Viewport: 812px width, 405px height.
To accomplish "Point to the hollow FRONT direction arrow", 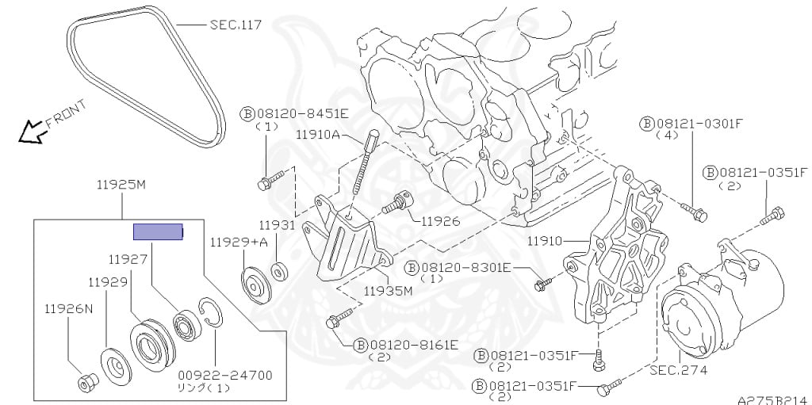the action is click(31, 131).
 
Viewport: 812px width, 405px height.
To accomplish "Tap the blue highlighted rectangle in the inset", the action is click(158, 231).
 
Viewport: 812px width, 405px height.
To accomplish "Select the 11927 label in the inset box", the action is click(127, 258).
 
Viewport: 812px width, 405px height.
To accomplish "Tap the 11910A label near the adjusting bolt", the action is click(318, 136).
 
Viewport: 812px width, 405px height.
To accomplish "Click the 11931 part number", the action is click(278, 225).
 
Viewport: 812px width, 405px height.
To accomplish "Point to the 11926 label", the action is click(440, 221).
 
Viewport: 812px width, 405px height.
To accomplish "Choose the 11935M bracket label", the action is click(389, 290).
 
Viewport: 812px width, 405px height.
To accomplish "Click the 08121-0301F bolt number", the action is click(699, 123).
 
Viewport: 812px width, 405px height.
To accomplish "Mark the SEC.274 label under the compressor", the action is click(678, 370).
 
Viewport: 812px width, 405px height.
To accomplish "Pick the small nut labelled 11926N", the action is click(86, 384).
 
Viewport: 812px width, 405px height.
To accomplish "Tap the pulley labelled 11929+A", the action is click(254, 285).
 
